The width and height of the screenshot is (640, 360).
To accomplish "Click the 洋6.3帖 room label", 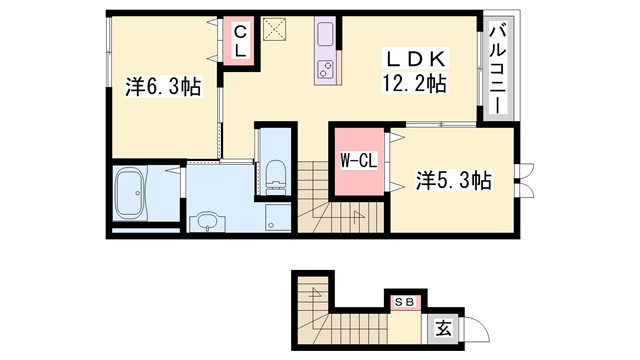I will click(x=164, y=87).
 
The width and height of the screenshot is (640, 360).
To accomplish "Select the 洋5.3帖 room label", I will click(x=453, y=180).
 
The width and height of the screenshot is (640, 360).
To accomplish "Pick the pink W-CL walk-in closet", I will click(x=357, y=161).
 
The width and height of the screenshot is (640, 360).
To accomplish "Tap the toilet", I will click(x=276, y=173).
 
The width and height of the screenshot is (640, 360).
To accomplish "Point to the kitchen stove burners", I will click(x=327, y=69).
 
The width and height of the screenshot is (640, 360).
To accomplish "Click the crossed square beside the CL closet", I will click(x=274, y=30).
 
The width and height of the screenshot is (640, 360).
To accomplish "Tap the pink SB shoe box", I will click(x=405, y=301).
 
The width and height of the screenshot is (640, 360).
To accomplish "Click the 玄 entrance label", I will click(x=442, y=326).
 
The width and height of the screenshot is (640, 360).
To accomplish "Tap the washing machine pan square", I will click(x=276, y=218).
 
